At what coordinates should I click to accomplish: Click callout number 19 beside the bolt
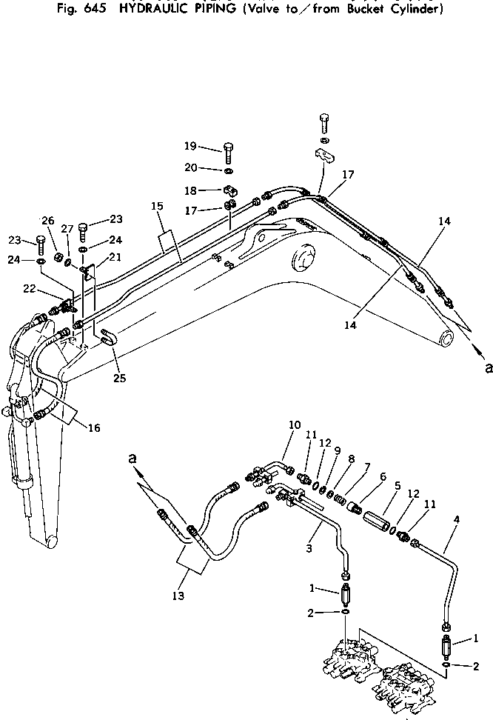pos(190,145)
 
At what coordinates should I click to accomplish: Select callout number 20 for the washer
pos(190,167)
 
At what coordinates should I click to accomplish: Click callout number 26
pos(47,220)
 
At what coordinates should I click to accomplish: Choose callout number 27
pos(67,229)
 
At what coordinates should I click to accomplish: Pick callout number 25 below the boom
pos(119,378)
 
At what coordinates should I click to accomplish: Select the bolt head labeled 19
pos(229,147)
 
